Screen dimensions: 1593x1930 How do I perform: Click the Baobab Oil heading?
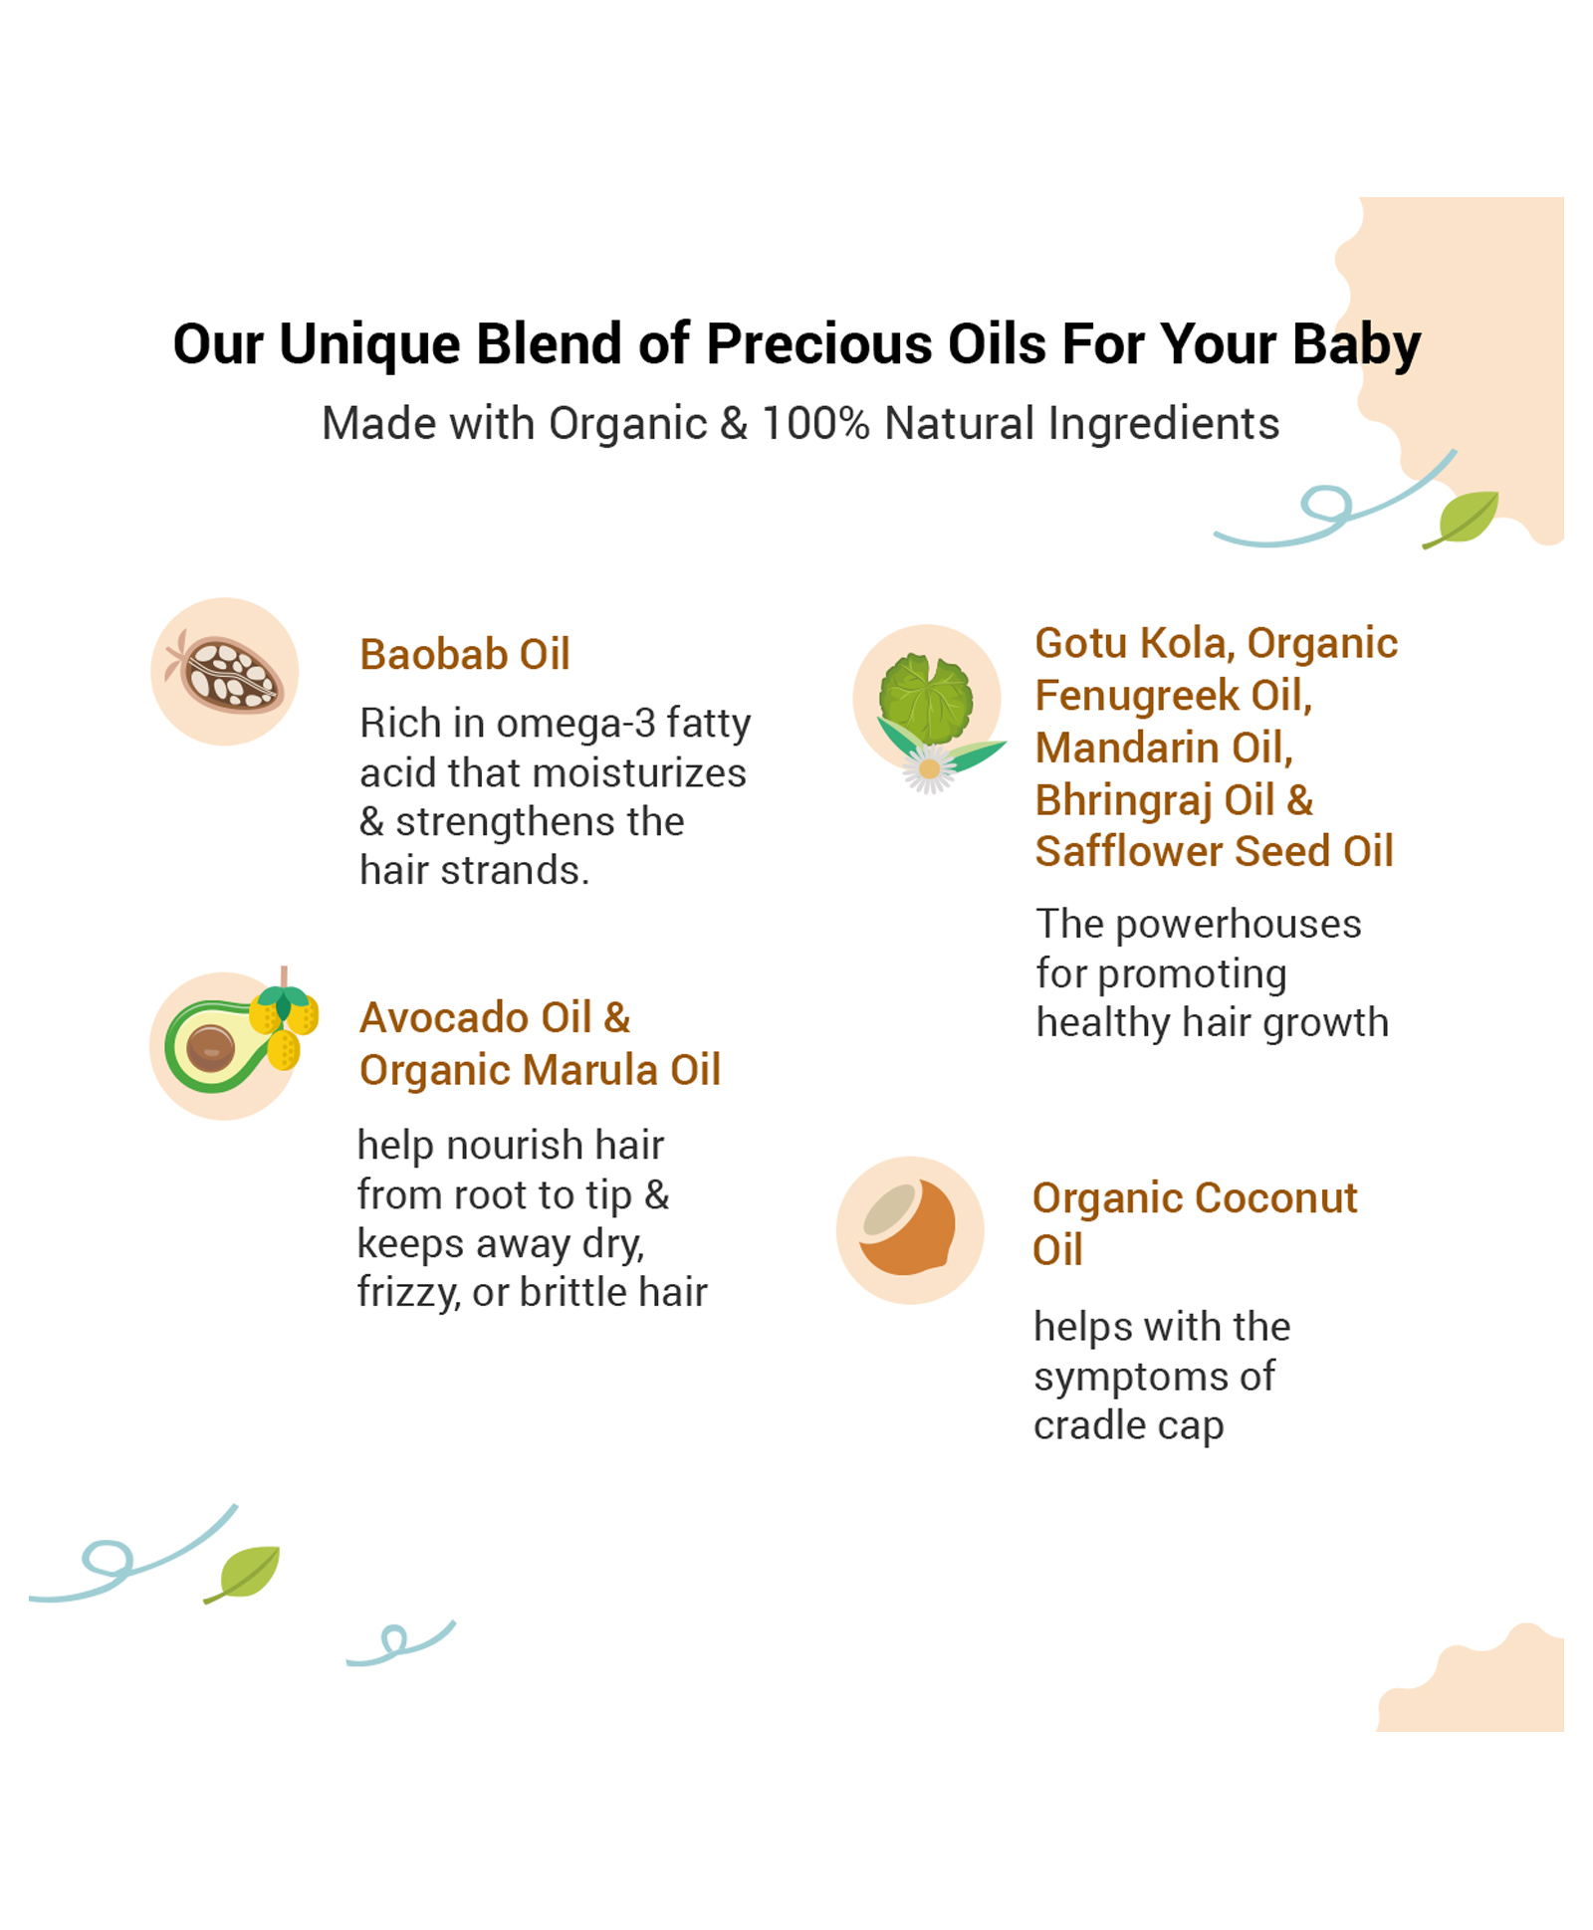(464, 654)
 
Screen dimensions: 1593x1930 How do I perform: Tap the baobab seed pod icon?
(226, 673)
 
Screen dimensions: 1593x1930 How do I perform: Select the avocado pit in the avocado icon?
(210, 1048)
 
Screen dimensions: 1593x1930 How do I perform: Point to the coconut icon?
(907, 1227)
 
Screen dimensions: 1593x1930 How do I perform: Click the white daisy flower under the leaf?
(929, 769)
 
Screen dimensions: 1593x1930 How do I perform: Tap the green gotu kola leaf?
(926, 699)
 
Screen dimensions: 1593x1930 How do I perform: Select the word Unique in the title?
(369, 344)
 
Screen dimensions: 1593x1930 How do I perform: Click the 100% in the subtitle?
(815, 423)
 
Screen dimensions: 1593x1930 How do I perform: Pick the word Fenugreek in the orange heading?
(1137, 695)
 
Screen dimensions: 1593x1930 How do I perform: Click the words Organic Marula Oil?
(540, 1070)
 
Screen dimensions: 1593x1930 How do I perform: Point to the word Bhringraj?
(1123, 800)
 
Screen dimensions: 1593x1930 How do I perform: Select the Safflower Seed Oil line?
(1214, 851)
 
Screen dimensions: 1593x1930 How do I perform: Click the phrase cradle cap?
(1128, 1425)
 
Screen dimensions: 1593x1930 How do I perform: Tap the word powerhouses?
(1238, 925)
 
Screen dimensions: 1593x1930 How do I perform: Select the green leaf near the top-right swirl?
(1462, 518)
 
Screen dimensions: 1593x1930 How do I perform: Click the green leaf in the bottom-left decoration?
(243, 1574)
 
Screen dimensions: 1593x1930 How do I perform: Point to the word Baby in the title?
(1356, 345)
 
